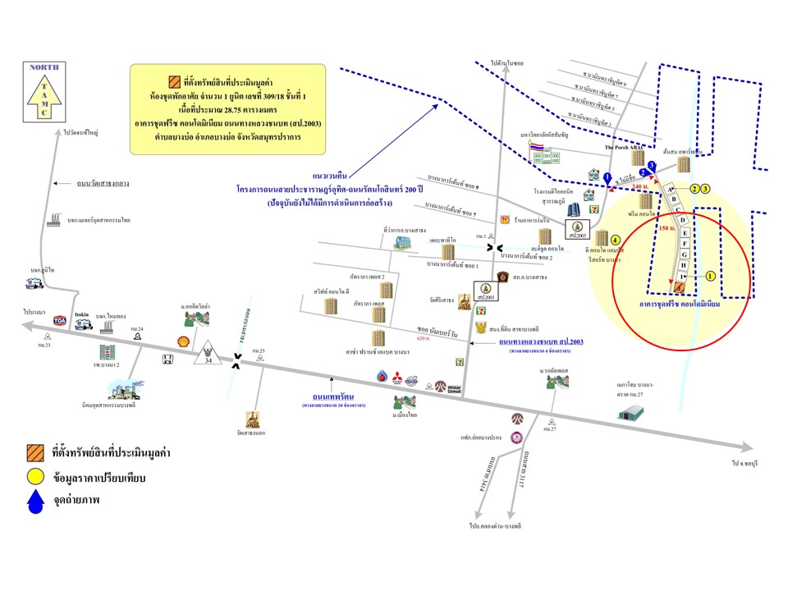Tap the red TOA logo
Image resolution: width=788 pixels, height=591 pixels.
pos(61,321)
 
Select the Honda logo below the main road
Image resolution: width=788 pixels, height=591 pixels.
pos(168,360)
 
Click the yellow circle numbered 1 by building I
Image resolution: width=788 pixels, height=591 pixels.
pos(710,277)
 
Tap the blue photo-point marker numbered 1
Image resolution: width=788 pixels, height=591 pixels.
pos(607,176)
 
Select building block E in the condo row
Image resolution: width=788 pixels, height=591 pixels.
pos(684,232)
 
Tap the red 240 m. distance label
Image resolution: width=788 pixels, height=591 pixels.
pos(641,188)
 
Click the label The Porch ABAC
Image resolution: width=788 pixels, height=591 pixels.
pos(622,146)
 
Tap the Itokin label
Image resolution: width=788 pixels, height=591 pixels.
pos(81,314)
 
